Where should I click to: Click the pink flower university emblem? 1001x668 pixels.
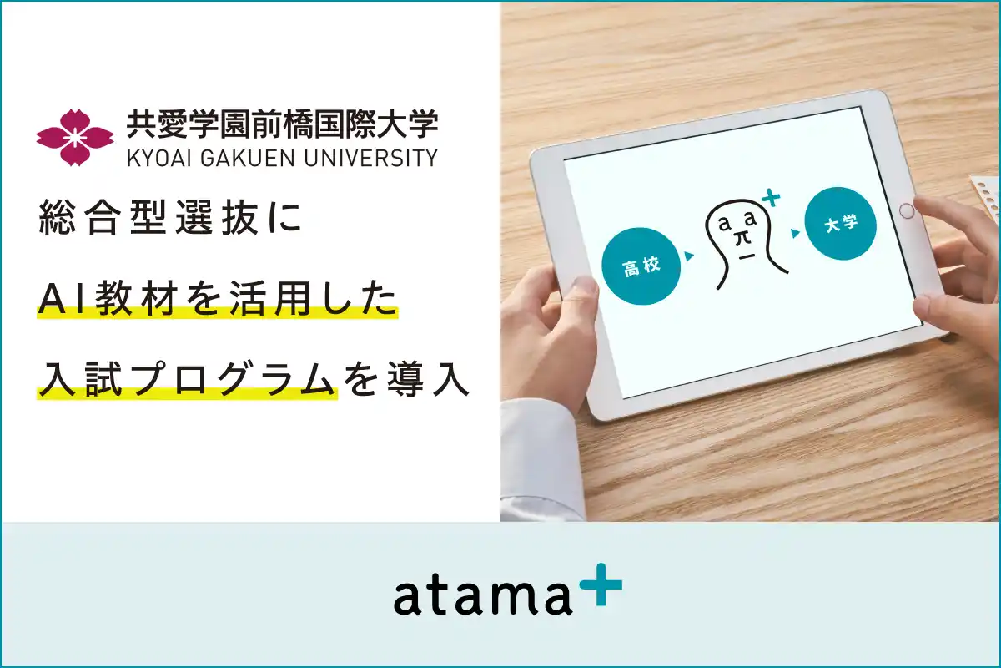(75, 136)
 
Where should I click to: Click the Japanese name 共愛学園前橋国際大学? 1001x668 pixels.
(282, 125)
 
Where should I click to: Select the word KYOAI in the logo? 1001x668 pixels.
(158, 158)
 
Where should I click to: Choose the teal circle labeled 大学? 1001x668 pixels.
(839, 225)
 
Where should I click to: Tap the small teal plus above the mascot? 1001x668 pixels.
(772, 199)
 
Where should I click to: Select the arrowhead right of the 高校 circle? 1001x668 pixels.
(689, 256)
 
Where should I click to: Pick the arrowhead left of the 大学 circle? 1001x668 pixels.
(795, 235)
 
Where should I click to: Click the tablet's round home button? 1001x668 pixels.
(907, 211)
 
